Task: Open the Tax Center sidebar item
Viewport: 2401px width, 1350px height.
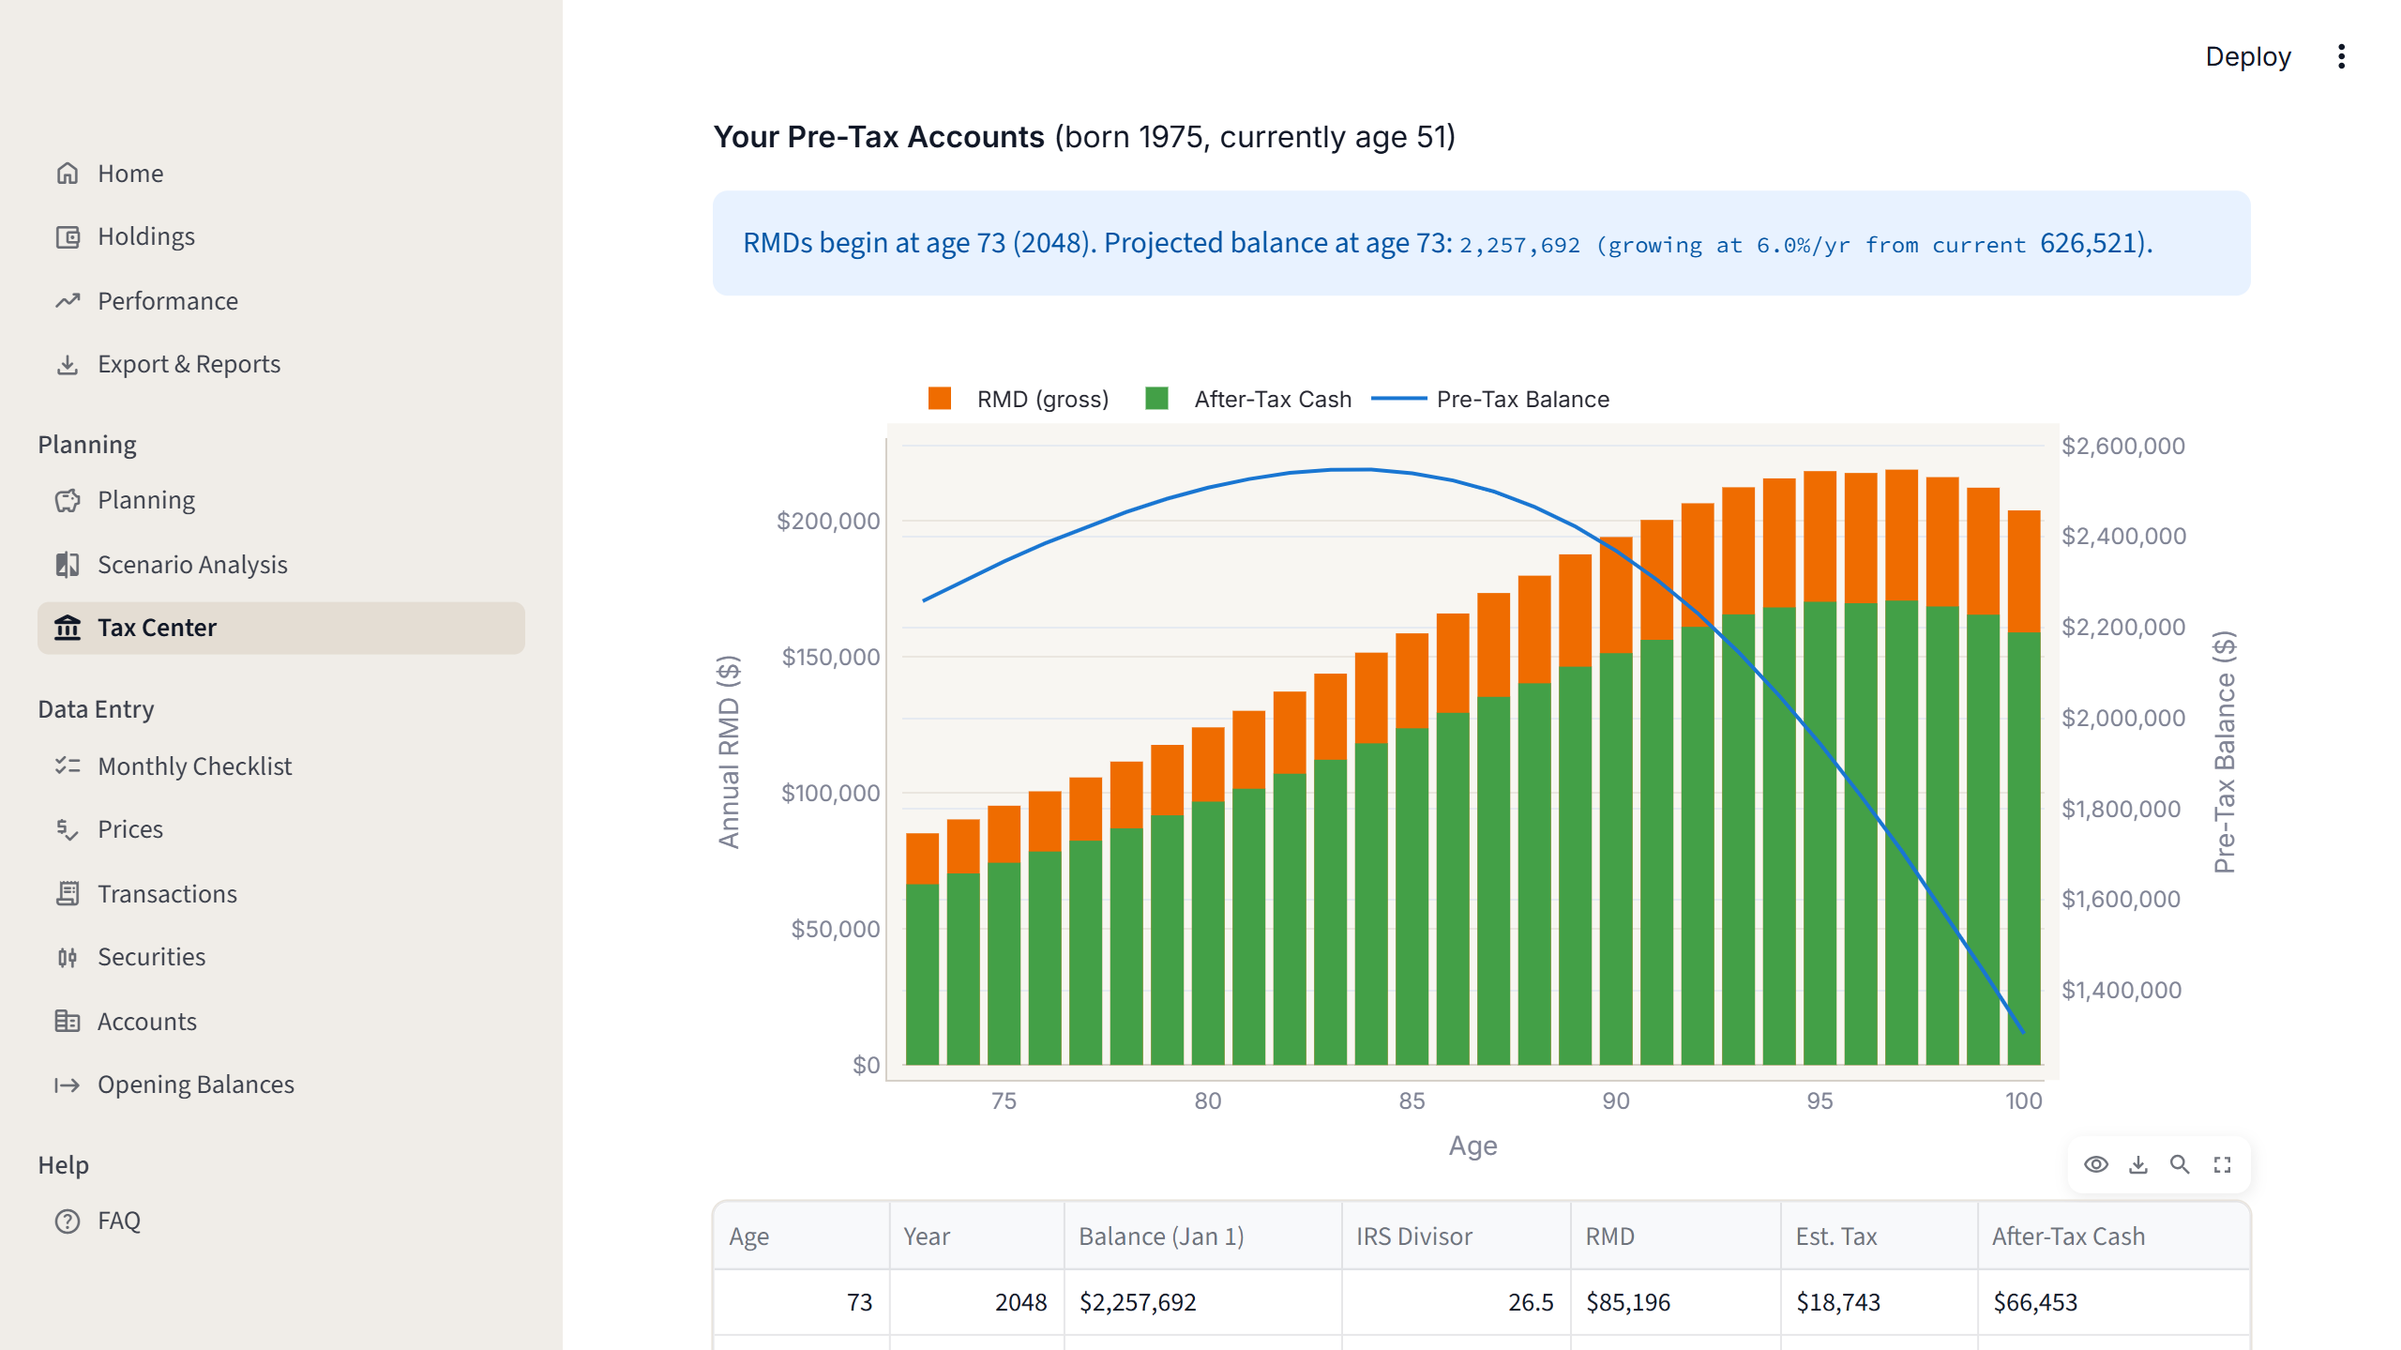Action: point(157,628)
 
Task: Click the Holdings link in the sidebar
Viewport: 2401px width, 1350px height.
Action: point(145,236)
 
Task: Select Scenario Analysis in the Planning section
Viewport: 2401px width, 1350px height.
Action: point(191,565)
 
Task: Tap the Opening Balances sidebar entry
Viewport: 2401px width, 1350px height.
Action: point(195,1085)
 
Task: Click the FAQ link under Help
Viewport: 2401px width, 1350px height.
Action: point(118,1221)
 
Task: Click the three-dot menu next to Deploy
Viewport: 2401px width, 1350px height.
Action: point(2341,57)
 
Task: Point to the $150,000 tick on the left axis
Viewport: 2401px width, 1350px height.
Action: point(831,657)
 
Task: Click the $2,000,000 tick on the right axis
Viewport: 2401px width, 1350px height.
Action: point(2123,718)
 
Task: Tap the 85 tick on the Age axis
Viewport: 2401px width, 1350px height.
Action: point(1412,1100)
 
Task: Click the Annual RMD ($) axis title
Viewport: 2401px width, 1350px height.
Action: point(729,751)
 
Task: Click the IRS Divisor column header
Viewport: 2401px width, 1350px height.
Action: point(1413,1236)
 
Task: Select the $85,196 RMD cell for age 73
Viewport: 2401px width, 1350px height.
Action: point(1627,1302)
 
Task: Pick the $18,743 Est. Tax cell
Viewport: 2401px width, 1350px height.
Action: point(1837,1302)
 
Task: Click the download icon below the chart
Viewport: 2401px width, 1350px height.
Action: point(2138,1164)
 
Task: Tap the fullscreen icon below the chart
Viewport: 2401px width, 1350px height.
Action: point(2222,1164)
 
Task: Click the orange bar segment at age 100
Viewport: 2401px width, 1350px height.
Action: point(2023,570)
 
